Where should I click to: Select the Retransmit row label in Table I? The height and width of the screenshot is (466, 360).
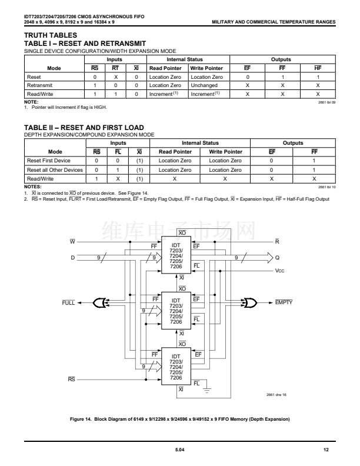pos(38,85)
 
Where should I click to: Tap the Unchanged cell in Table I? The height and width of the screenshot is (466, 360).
pos(206,85)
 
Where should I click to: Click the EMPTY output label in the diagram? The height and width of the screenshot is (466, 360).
pos(284,302)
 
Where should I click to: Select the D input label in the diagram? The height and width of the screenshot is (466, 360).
pos(72,257)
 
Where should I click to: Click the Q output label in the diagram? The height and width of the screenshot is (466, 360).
pos(278,257)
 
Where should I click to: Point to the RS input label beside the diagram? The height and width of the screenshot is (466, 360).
pos(72,380)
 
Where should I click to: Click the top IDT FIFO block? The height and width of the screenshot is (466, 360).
pos(176,257)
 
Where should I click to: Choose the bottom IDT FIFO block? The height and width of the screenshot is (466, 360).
pos(176,367)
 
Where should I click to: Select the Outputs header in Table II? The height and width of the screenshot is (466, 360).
pos(293,143)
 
